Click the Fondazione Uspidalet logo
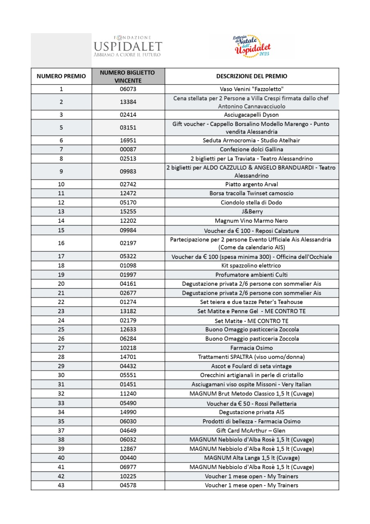click(128, 46)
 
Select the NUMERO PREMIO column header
click(61, 76)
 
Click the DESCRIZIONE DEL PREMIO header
click(252, 76)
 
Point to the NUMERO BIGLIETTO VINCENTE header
click(128, 76)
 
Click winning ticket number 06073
click(128, 89)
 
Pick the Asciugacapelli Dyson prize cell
click(252, 115)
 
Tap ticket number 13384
click(128, 102)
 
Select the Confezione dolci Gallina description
click(252, 149)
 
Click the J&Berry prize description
click(252, 212)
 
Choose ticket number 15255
click(128, 212)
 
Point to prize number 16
click(61, 243)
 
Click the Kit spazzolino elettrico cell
click(252, 266)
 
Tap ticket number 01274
click(128, 302)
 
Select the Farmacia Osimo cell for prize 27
click(252, 348)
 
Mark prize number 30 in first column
click(61, 375)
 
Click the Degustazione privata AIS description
click(252, 412)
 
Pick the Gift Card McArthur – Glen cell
click(252, 431)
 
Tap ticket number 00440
click(128, 458)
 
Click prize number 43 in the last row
click(61, 486)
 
